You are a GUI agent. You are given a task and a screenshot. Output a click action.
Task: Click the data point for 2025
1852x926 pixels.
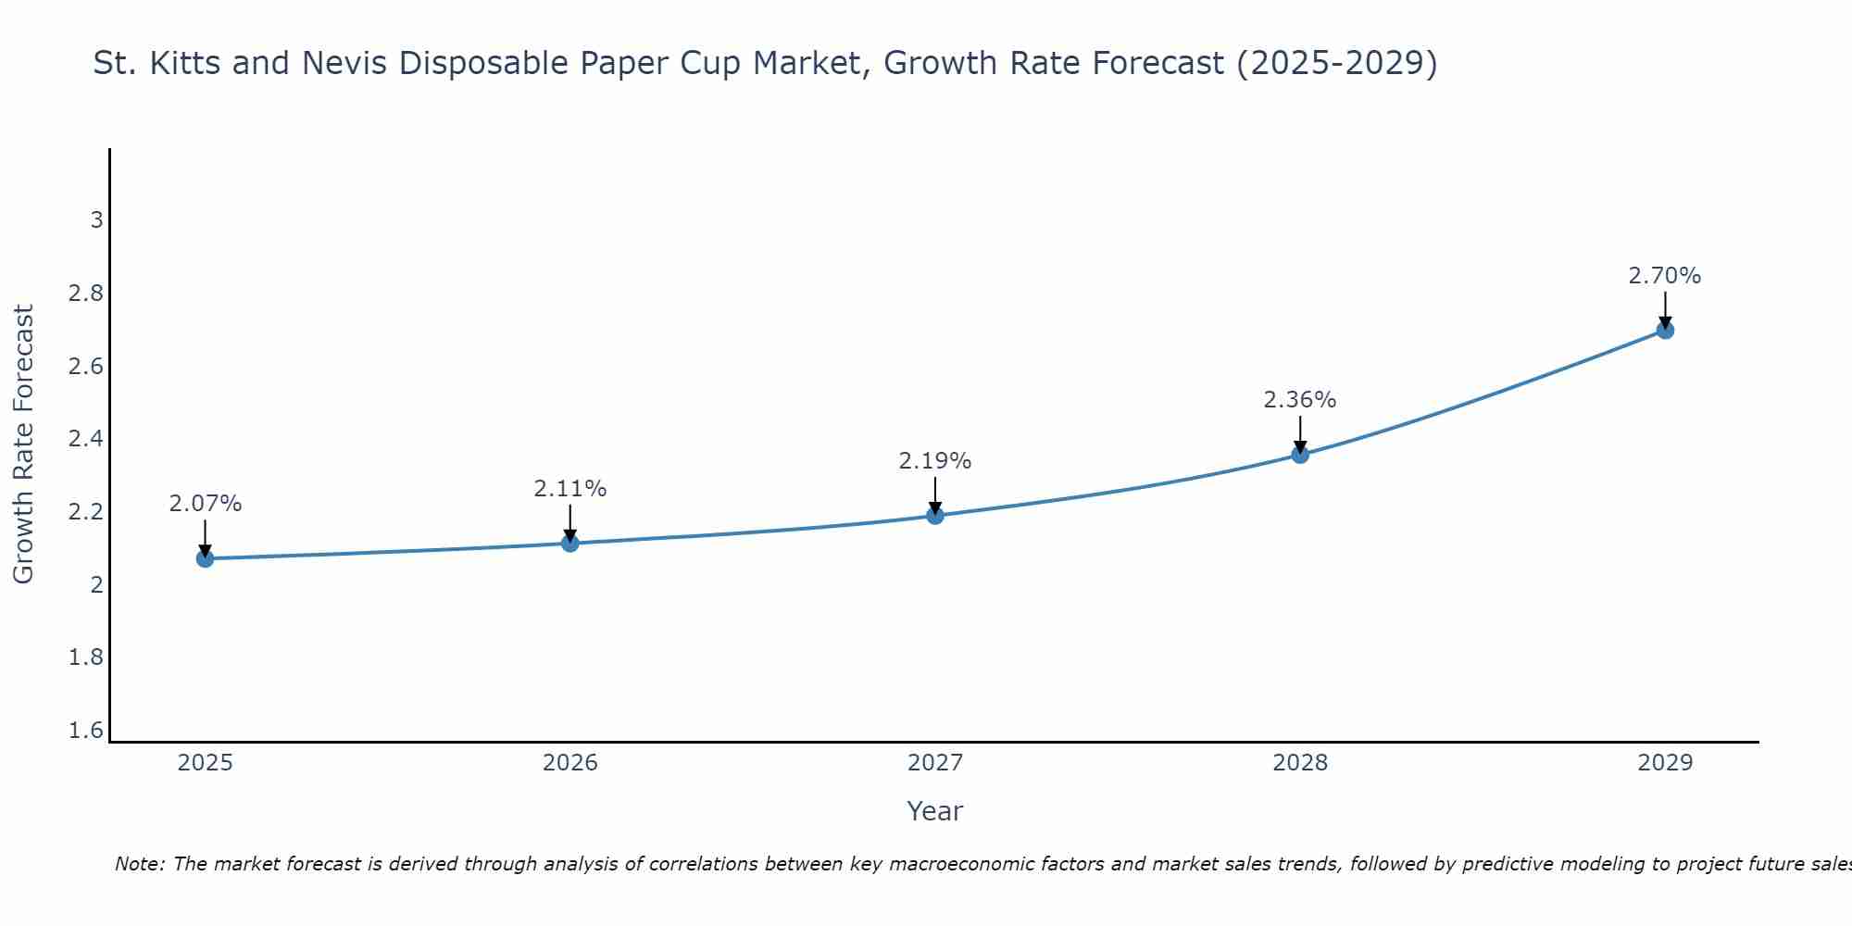pos(206,558)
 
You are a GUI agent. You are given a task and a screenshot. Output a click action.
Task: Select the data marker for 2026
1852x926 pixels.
pos(570,543)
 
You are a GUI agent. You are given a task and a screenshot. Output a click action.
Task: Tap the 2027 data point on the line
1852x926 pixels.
pos(935,516)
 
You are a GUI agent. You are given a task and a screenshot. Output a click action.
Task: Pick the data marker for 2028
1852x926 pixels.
pos(1300,455)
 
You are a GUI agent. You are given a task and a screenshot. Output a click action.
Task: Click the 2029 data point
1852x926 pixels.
pos(1665,331)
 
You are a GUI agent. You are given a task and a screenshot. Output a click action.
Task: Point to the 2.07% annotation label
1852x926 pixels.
pos(206,504)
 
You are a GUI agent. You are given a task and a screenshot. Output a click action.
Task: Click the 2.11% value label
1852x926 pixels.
pos(570,488)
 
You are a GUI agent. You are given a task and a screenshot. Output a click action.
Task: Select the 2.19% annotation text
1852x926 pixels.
pos(935,460)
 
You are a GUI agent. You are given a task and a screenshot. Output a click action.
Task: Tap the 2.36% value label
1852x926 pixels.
pos(1300,400)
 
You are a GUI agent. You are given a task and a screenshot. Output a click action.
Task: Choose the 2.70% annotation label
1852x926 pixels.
pos(1665,276)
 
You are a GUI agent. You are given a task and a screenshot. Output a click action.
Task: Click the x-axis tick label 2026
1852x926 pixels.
pos(570,763)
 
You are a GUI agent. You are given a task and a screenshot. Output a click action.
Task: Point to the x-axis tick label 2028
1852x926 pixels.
pos(1300,763)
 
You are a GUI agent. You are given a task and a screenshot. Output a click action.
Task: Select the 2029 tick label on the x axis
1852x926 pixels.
pos(1665,763)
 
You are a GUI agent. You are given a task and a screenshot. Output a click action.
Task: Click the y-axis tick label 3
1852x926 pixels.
pos(96,220)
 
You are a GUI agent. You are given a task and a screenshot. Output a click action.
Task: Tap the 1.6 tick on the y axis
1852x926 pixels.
pos(86,731)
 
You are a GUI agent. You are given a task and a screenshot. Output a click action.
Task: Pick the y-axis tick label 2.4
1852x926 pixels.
pos(86,439)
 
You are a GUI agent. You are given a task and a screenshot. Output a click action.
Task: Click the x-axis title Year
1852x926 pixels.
pos(935,811)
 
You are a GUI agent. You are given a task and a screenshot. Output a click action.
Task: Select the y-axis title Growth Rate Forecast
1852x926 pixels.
pos(23,444)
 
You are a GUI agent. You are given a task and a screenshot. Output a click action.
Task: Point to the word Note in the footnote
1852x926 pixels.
pos(139,864)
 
